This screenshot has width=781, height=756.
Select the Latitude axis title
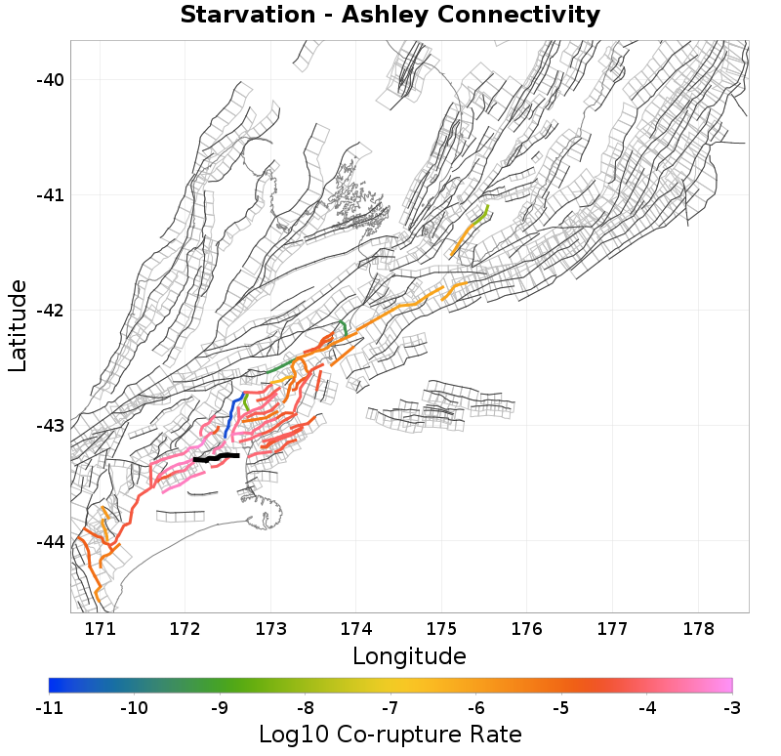[18, 325]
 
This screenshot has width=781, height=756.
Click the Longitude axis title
[409, 654]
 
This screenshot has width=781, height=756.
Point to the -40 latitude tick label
[49, 80]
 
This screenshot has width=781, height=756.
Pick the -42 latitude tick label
[49, 311]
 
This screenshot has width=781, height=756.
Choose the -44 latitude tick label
[49, 541]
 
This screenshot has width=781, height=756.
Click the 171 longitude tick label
[101, 627]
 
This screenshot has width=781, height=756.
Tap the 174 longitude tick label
[355, 627]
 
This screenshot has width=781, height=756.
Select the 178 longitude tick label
[695, 627]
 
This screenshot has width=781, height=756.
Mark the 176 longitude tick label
[525, 627]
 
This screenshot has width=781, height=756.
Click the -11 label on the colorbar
[49, 706]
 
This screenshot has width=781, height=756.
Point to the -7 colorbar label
[390, 706]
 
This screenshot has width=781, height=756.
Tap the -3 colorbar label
[731, 706]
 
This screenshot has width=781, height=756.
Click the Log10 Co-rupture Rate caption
[390, 735]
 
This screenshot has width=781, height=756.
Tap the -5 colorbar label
[560, 706]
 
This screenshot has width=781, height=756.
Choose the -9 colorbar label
[220, 706]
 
